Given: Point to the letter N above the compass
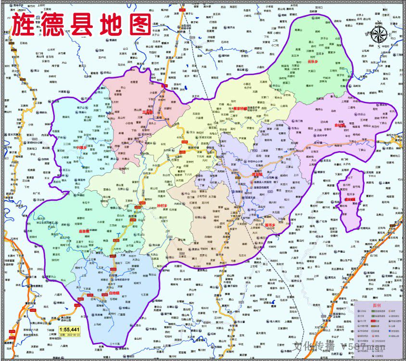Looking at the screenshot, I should [x=380, y=22].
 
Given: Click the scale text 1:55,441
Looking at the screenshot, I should [x=69, y=329].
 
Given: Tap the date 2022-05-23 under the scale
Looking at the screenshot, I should [x=69, y=335].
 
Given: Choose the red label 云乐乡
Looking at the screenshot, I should [x=313, y=62].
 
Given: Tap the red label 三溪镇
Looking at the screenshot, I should [x=147, y=112].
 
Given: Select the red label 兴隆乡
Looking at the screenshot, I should [x=81, y=147].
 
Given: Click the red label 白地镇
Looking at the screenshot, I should [x=114, y=292].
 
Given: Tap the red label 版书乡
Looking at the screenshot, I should [x=269, y=225].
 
